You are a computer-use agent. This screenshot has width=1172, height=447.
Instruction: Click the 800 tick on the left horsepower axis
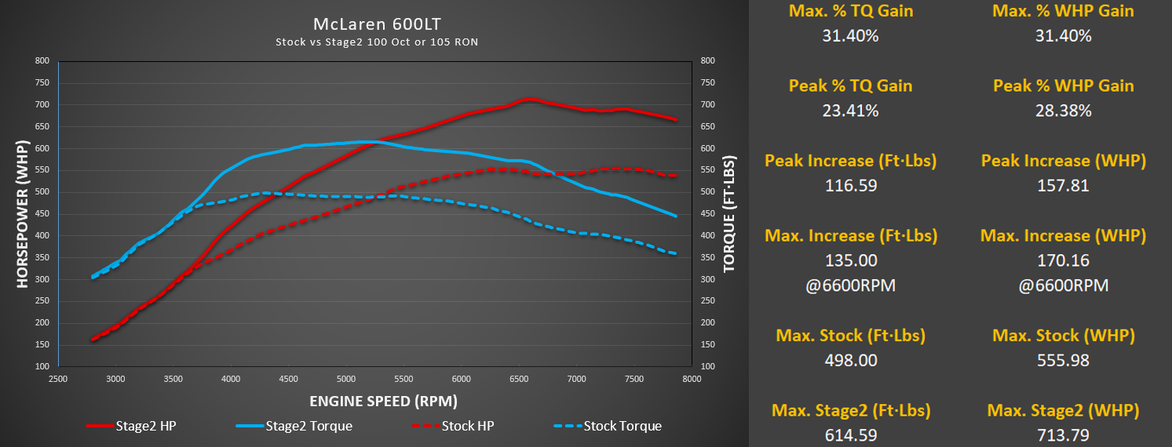click(42, 60)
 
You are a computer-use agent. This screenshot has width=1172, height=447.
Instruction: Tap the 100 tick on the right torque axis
click(707, 366)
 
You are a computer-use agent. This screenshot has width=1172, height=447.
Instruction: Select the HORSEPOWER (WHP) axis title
click(22, 214)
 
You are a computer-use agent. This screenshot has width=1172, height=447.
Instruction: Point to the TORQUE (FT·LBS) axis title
click(729, 214)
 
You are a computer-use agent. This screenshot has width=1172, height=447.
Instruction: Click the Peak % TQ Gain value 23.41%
click(850, 111)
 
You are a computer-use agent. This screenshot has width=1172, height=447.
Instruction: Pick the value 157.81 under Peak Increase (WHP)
click(1064, 186)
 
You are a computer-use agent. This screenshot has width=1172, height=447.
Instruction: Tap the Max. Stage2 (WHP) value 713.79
click(1064, 435)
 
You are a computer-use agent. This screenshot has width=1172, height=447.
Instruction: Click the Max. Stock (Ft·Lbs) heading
click(850, 336)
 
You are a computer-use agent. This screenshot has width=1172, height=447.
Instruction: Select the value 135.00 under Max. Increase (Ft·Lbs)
click(850, 260)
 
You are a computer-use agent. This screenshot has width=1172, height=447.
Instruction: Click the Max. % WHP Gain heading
click(1064, 11)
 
